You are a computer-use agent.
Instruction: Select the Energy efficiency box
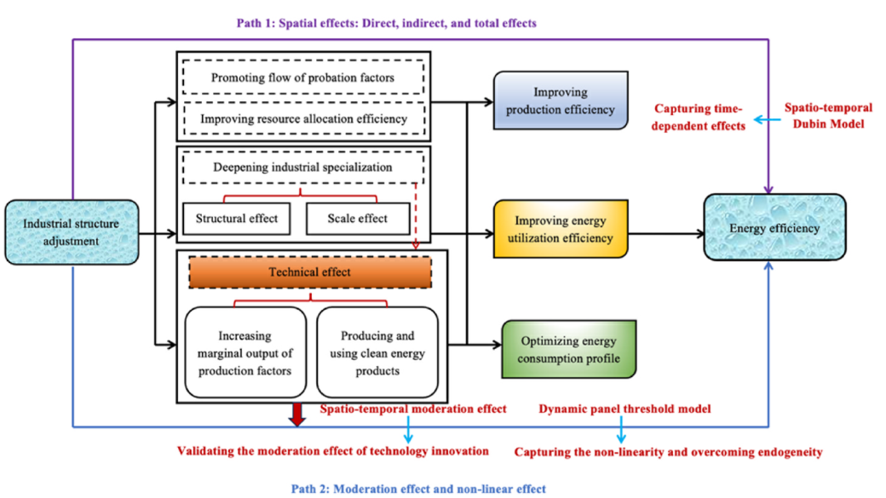point(774,228)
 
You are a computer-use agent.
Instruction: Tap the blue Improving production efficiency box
point(561,100)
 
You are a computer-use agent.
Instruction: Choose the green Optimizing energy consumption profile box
point(569,349)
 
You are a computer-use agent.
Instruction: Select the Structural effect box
point(235,219)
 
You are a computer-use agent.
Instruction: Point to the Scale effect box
point(357,219)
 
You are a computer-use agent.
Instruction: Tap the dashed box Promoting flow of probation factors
point(303,78)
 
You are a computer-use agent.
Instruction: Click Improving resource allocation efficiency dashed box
point(303,118)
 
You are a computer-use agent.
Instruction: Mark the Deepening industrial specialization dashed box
point(303,168)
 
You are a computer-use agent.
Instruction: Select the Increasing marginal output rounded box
point(246,353)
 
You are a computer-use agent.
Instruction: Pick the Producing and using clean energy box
point(377,353)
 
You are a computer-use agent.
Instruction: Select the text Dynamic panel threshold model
point(625,409)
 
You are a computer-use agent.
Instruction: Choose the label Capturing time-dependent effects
point(699,117)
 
